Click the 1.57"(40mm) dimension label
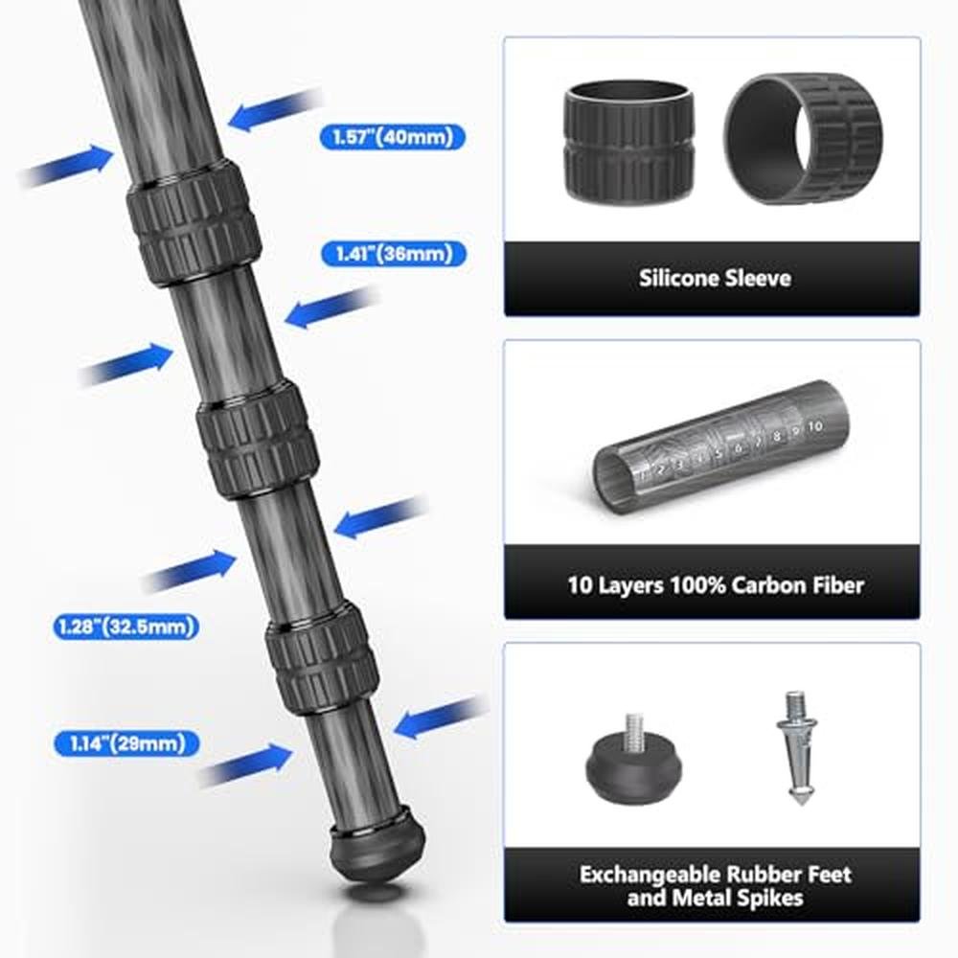point(392,137)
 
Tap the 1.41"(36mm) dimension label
point(394,254)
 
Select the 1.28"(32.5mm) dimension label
point(126,627)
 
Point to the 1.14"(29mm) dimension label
point(127,743)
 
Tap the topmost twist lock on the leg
point(194,222)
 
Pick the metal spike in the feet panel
point(797,747)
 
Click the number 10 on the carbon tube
point(815,426)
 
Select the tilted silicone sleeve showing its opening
point(804,138)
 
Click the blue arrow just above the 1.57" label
point(275,109)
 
